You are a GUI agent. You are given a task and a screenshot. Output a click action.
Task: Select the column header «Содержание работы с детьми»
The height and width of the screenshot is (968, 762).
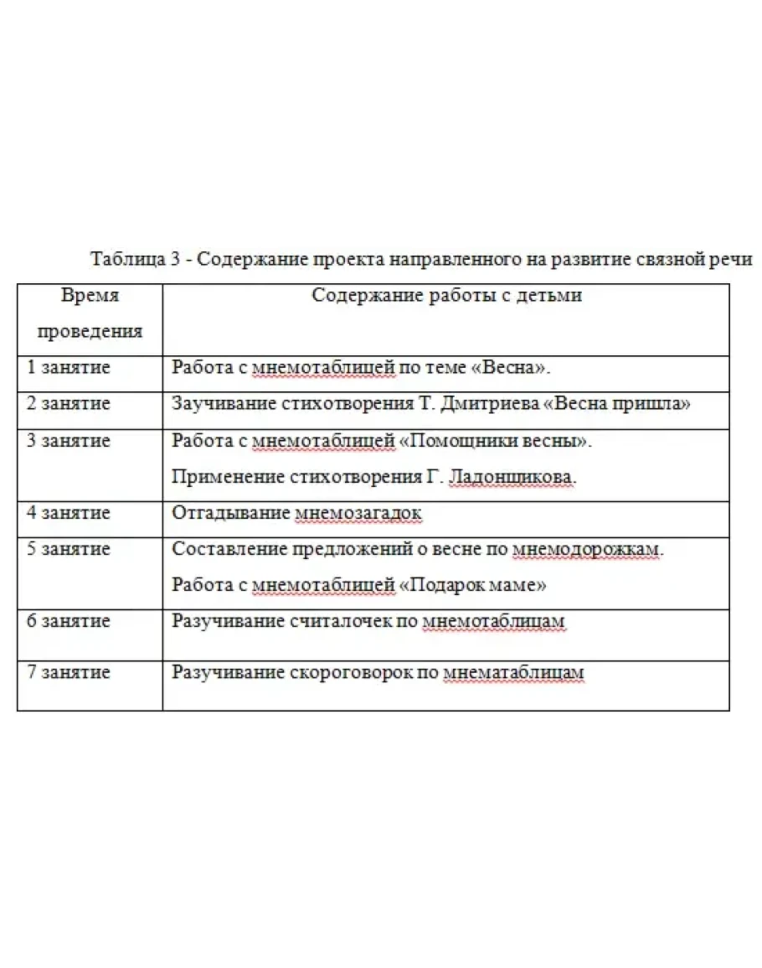pos(446,296)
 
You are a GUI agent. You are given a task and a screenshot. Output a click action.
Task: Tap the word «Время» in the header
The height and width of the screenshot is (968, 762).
pos(90,296)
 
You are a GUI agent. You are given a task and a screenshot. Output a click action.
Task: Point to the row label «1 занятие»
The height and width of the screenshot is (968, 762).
pos(68,367)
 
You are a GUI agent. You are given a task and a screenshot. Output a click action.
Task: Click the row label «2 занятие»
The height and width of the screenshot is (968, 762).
pos(68,403)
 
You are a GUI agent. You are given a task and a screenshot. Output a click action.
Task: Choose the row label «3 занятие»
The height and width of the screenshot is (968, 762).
pos(68,440)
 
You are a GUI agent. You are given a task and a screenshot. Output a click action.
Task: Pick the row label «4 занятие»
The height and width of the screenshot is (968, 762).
pos(68,512)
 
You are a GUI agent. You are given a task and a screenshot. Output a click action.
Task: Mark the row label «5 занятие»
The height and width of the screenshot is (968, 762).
pos(68,549)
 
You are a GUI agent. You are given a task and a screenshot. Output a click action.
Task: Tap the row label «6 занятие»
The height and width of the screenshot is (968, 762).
pos(68,621)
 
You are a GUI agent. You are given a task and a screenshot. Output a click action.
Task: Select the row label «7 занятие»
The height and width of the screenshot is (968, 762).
pos(68,672)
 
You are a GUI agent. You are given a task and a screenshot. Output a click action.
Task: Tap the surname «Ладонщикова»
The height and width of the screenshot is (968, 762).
pos(512,477)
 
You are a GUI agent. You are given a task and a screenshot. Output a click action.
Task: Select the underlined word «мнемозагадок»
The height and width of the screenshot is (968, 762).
pos(358,512)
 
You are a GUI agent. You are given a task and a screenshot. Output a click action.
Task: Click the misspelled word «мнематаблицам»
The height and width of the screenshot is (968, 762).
pos(513,672)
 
